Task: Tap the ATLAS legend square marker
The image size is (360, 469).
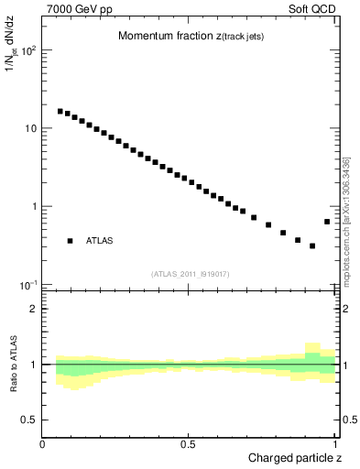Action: pyautogui.click(x=70, y=241)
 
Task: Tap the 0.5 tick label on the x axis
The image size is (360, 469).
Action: pyautogui.click(x=189, y=444)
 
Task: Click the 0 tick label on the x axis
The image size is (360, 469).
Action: pyautogui.click(x=43, y=444)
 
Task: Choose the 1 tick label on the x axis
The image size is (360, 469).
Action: pyautogui.click(x=335, y=444)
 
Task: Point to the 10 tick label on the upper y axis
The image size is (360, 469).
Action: pyautogui.click(x=29, y=128)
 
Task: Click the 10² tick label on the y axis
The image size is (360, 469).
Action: pyautogui.click(x=27, y=50)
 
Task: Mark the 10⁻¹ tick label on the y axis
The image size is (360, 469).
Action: pyautogui.click(x=27, y=284)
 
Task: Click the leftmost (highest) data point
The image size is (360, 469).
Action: pyautogui.click(x=60, y=112)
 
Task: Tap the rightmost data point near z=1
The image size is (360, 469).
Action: pyautogui.click(x=327, y=222)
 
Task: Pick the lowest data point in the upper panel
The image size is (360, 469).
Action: pyautogui.click(x=312, y=245)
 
